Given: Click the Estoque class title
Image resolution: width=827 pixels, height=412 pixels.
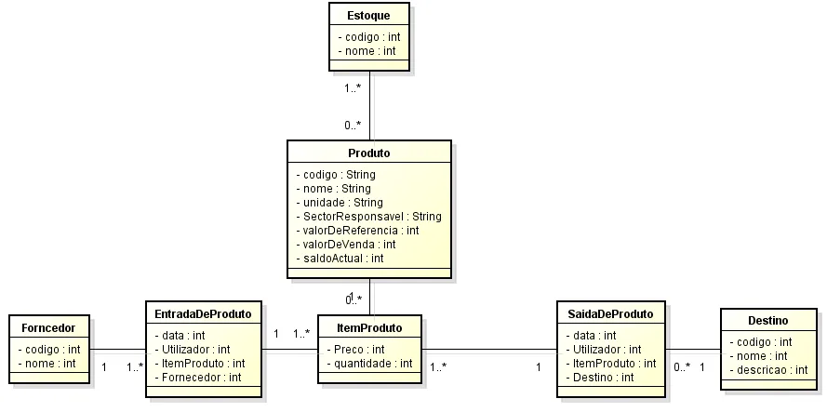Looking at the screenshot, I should [369, 16].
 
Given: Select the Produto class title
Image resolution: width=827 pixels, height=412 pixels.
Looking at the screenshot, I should [369, 153].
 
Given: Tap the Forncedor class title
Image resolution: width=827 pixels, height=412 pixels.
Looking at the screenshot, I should [48, 327].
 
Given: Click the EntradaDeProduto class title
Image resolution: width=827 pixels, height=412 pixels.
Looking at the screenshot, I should [204, 313].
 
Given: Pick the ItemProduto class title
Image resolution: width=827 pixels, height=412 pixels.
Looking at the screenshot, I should [369, 327].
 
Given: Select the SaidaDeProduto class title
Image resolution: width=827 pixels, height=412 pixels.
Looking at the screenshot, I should [610, 313].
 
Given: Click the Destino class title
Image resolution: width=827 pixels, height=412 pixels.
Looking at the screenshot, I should [767, 320].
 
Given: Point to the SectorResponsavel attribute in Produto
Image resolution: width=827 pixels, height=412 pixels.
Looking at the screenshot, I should [368, 216].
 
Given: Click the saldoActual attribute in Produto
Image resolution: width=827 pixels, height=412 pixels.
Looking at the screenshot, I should [340, 258].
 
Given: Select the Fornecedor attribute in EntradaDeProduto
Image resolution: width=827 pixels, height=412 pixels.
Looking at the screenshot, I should [198, 377].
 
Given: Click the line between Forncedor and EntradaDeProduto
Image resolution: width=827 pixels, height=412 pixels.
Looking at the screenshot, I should [118, 350].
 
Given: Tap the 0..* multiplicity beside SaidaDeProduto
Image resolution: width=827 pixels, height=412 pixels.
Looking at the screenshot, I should [682, 367].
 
